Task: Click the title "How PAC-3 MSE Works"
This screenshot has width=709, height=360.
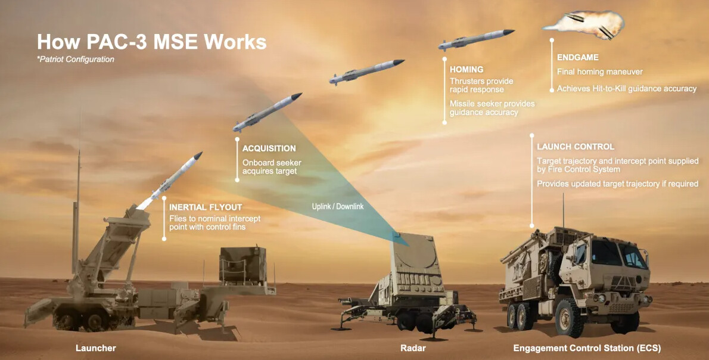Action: pyautogui.click(x=151, y=42)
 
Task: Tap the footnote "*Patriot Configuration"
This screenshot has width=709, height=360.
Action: pyautogui.click(x=76, y=59)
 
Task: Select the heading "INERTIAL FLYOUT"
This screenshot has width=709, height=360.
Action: pyautogui.click(x=206, y=207)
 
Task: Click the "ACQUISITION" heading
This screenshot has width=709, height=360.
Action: pyautogui.click(x=269, y=148)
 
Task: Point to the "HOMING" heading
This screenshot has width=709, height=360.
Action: pyautogui.click(x=467, y=70)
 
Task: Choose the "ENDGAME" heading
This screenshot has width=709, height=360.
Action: pyautogui.click(x=578, y=57)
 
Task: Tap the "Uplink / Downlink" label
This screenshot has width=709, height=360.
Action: pyautogui.click(x=338, y=206)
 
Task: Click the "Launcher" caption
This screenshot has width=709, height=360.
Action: pyautogui.click(x=96, y=348)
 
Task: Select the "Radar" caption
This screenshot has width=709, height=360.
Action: pyautogui.click(x=413, y=348)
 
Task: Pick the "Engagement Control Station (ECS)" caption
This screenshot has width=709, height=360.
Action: pyautogui.click(x=587, y=348)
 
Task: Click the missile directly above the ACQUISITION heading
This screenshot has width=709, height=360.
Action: pyautogui.click(x=268, y=112)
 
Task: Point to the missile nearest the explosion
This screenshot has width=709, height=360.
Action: pyautogui.click(x=476, y=39)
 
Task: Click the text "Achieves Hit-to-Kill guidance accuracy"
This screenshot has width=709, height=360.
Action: pyautogui.click(x=627, y=89)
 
